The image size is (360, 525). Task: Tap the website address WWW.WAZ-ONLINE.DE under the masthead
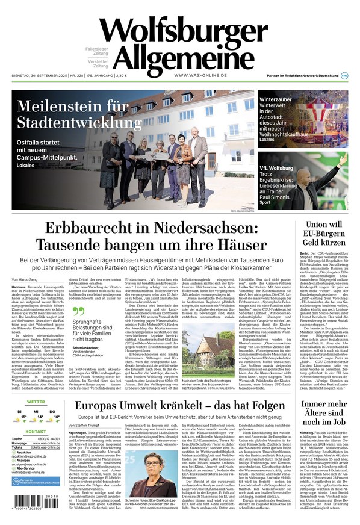[200, 75]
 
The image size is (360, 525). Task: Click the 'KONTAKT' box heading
[36, 432]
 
